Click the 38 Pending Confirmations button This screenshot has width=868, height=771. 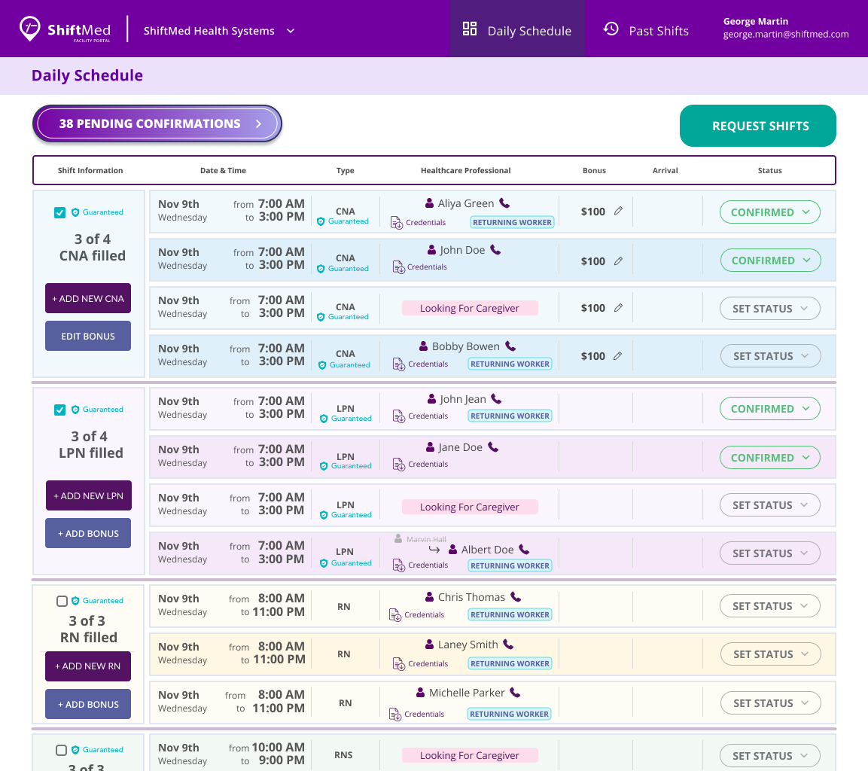(x=157, y=124)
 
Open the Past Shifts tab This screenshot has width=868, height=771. (x=646, y=30)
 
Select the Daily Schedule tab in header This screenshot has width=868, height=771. (x=517, y=30)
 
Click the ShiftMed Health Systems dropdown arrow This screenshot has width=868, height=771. (x=291, y=31)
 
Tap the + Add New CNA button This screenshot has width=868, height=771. (x=88, y=298)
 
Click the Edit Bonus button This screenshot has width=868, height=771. (x=88, y=336)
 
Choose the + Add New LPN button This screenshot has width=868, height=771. (x=88, y=495)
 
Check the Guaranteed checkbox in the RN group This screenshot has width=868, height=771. (x=62, y=601)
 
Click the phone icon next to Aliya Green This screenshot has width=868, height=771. (x=504, y=203)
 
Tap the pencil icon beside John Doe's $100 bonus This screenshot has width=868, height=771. (x=618, y=261)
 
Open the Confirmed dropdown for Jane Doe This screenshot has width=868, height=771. (x=769, y=457)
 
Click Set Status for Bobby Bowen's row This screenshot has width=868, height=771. (x=770, y=356)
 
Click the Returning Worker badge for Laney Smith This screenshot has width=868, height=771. (x=510, y=663)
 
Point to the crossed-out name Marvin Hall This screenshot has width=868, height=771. (x=425, y=539)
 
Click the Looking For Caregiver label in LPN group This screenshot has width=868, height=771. (x=470, y=507)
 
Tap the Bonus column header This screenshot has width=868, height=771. (x=594, y=170)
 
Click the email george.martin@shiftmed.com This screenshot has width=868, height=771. (x=785, y=35)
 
